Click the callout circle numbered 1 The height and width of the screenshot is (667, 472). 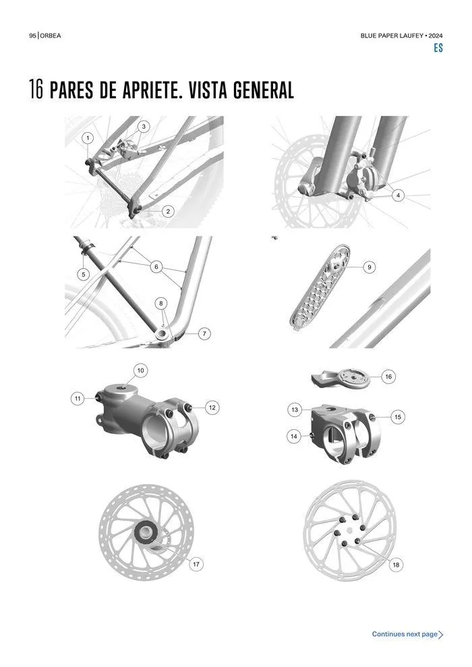pos(88,138)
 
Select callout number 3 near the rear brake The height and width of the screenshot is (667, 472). pos(144,127)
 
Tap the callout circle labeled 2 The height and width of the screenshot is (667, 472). pos(168,211)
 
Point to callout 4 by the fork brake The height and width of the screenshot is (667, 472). pos(398,195)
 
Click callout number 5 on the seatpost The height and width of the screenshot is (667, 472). pos(84,274)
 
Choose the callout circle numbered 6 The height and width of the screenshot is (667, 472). pos(156,267)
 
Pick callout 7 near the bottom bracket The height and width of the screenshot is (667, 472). pos(204,333)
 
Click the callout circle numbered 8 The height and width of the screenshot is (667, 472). pos(161,303)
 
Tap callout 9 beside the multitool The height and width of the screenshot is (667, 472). pos(370,267)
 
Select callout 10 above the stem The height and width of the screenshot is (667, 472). pos(140,371)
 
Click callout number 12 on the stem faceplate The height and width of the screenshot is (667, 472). pos(212,408)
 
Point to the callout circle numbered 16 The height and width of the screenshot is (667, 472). pos(388,377)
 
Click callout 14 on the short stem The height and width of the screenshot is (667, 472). pos(294,437)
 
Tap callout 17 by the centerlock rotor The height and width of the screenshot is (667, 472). pos(196,565)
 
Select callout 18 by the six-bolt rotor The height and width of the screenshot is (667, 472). pos(396,565)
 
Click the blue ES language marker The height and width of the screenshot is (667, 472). pos(438,48)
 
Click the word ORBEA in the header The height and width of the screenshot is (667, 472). pos(51,36)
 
